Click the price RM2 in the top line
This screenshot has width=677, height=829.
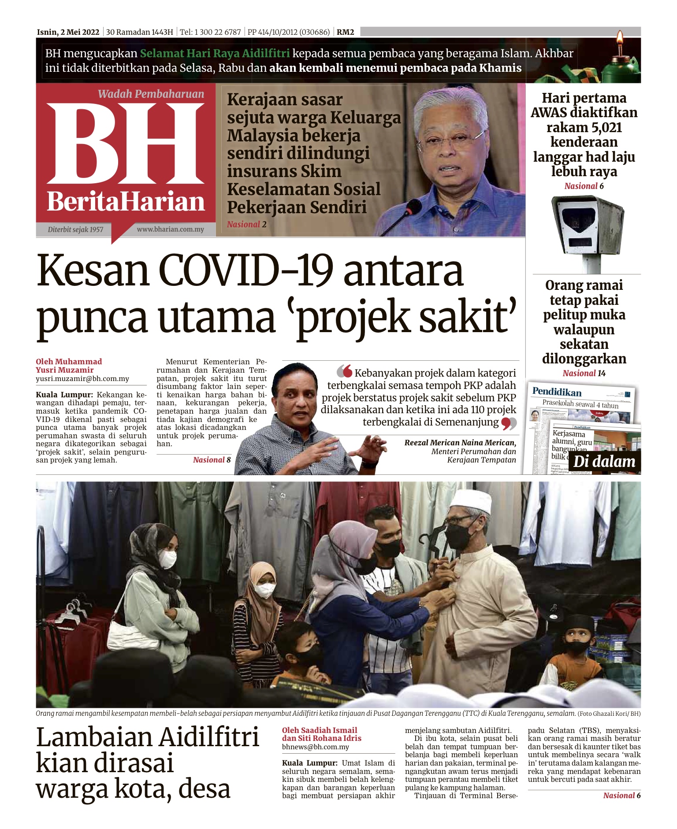[x=345, y=32]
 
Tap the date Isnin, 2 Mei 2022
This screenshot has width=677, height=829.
[x=68, y=32]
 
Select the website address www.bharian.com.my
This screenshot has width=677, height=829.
[x=170, y=229]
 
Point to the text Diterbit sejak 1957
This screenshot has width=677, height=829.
[x=75, y=229]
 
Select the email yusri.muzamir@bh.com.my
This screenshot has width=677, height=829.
[x=82, y=379]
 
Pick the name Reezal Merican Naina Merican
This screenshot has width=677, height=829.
[x=460, y=443]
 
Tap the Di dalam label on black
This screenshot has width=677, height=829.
[x=604, y=462]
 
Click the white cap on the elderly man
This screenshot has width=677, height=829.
[x=470, y=501]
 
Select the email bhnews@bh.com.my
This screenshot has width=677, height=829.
[x=316, y=747]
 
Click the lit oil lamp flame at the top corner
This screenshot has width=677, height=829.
[x=620, y=37]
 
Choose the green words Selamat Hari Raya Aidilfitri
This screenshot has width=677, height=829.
[x=215, y=54]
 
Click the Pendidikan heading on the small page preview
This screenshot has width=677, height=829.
[x=557, y=392]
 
